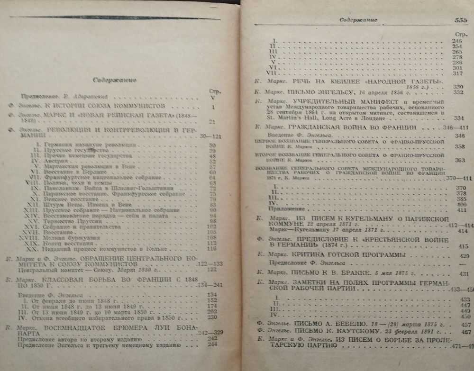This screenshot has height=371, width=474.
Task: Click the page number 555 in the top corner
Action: tap(458, 20)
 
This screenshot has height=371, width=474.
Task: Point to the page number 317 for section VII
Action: tap(457, 73)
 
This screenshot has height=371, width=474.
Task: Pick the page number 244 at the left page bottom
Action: tap(211, 345)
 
